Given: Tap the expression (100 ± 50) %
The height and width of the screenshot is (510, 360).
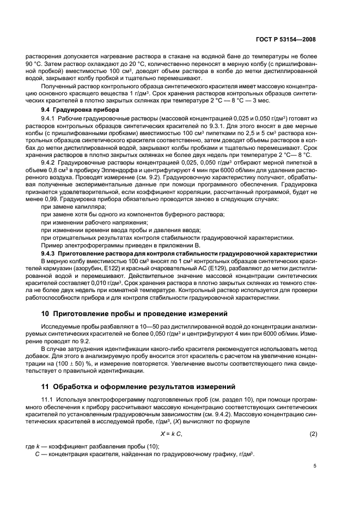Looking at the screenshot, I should tap(71, 363).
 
